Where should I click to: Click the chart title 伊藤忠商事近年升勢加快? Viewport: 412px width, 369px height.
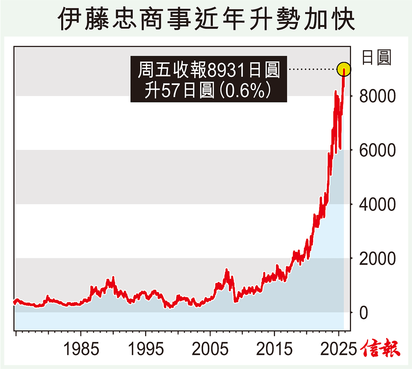(206, 19)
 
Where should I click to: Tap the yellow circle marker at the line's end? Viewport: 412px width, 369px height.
(344, 69)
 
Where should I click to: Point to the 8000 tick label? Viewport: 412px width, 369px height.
(377, 96)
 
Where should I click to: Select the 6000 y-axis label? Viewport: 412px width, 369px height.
(377, 150)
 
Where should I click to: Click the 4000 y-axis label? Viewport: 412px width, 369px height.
(377, 205)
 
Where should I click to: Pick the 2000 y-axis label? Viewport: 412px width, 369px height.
(377, 259)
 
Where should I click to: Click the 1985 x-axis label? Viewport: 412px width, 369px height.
(81, 349)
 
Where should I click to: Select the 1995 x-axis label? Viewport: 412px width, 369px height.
(146, 349)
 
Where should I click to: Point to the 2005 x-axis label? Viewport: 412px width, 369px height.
(210, 349)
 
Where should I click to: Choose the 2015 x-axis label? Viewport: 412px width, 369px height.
(274, 349)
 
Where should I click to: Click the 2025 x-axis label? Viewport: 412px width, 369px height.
(339, 349)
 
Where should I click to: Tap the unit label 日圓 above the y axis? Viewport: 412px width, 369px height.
(377, 57)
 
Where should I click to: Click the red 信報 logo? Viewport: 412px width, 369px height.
(380, 348)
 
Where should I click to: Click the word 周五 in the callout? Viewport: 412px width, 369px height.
(155, 70)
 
